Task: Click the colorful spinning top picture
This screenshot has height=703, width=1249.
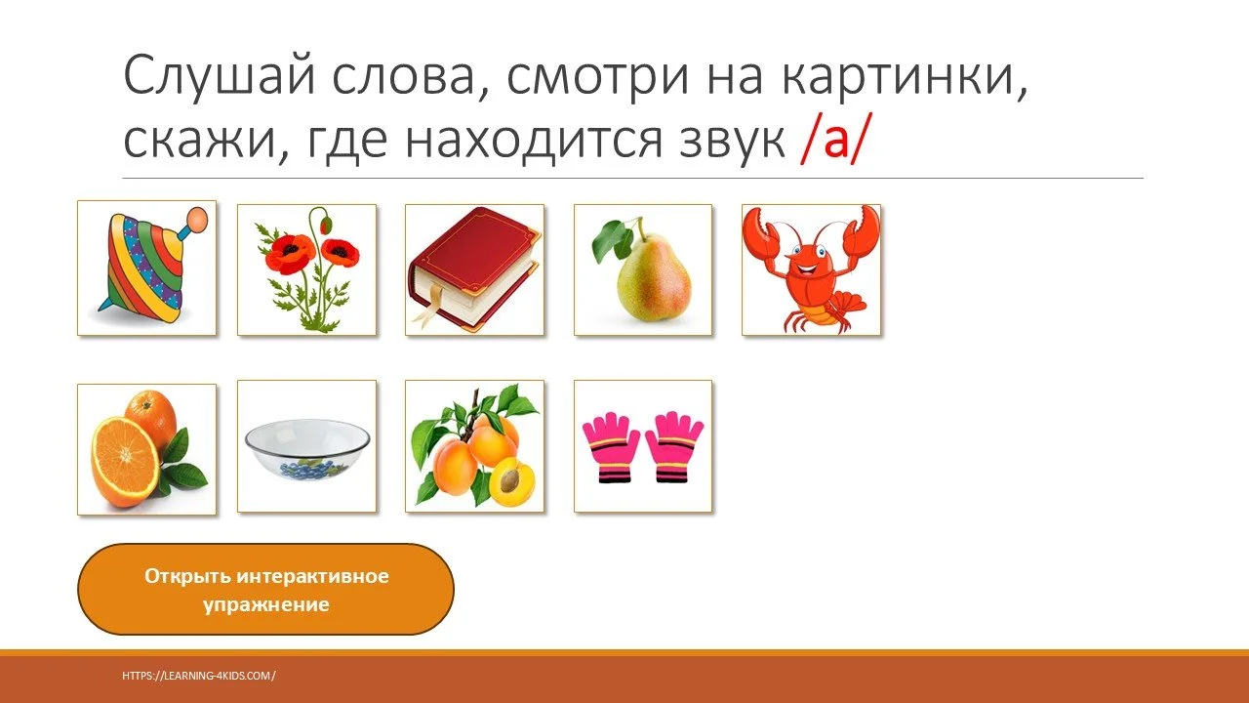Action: (x=146, y=269)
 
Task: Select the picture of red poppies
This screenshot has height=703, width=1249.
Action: (x=306, y=269)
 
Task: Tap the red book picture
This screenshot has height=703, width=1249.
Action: (x=474, y=269)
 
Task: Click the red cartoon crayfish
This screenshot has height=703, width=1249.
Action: (x=811, y=269)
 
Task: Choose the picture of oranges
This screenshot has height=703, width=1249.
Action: (x=146, y=449)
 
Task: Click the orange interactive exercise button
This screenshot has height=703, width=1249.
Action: (x=265, y=590)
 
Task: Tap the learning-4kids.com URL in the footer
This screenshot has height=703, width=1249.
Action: (x=199, y=675)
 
